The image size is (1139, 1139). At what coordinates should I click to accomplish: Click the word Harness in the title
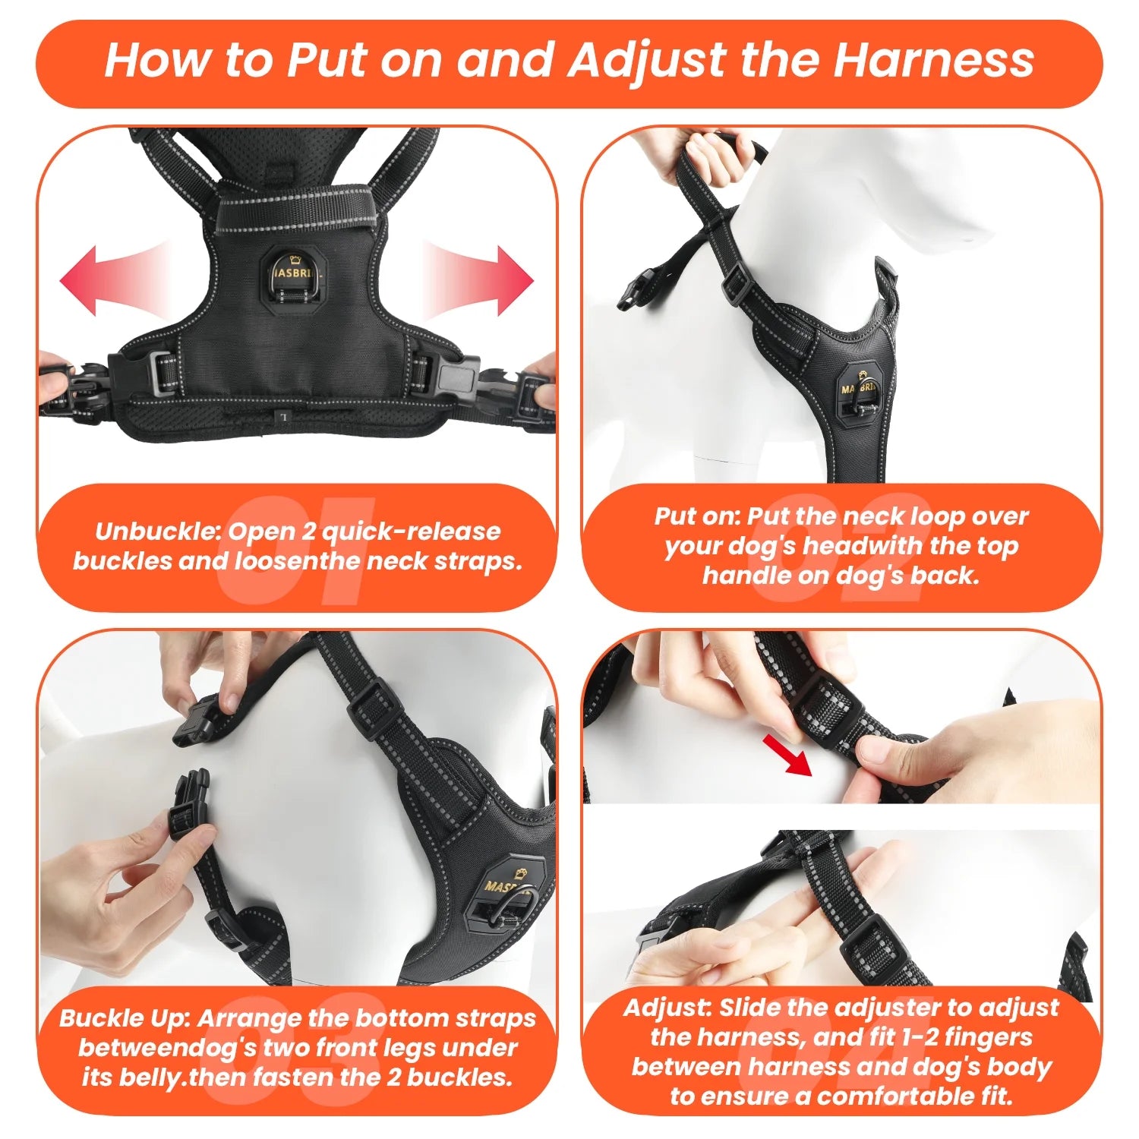coord(934,61)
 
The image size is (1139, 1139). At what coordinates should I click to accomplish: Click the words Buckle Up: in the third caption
coord(124,1018)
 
